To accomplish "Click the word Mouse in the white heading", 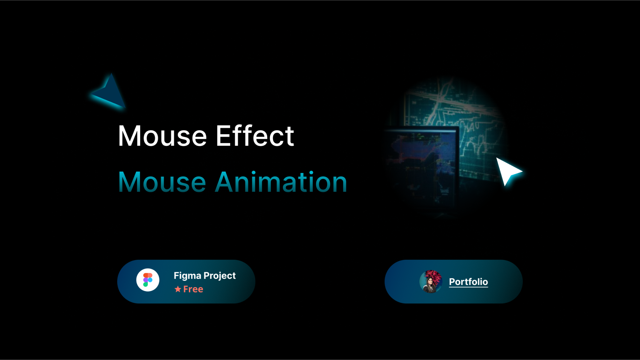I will (162, 136).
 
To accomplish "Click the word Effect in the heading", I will (255, 136).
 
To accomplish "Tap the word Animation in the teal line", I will (281, 182).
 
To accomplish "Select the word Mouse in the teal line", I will (162, 182).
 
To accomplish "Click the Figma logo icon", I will (148, 280).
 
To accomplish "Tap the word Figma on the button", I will (187, 276).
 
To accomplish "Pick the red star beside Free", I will (178, 289).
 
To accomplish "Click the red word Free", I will (193, 289).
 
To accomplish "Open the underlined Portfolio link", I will (468, 282).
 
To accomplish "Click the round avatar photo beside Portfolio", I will (431, 282).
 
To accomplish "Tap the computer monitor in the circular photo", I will (421, 164).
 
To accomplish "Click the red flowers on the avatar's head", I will (433, 276).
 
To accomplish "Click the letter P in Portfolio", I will (452, 282).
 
